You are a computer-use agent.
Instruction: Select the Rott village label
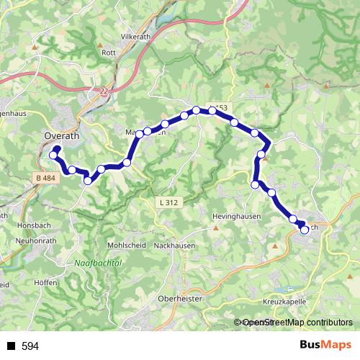[109, 53]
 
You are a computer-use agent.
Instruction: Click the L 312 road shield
[167, 203]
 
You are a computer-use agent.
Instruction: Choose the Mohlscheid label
[127, 245]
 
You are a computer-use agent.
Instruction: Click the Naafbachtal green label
[99, 264]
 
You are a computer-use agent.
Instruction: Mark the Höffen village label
[45, 283]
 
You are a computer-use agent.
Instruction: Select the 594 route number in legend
[30, 346]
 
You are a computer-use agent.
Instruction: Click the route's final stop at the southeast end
[305, 230]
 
